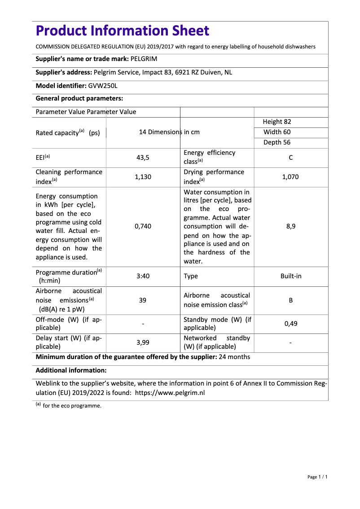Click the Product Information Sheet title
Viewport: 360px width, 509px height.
[122, 31]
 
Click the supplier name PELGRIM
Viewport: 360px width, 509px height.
[144, 59]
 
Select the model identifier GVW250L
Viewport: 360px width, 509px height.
[103, 85]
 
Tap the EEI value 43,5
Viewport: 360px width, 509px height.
[143, 158]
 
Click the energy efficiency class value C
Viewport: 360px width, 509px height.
[291, 158]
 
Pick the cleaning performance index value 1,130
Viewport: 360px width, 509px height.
[143, 177]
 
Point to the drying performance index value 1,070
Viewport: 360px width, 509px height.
[290, 177]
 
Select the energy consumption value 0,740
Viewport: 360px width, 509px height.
[143, 226]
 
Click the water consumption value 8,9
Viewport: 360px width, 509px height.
[291, 226]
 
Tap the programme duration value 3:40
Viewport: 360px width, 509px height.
[143, 276]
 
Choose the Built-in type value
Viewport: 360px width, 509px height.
[291, 276]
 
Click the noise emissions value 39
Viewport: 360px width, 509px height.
[143, 300]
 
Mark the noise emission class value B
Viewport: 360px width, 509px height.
[291, 300]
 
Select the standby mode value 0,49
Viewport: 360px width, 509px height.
[291, 323]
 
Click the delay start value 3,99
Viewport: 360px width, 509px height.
[143, 342]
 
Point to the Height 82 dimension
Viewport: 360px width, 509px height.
[277, 122]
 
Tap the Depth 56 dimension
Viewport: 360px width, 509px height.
[277, 142]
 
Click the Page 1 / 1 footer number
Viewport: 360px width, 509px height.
[317, 477]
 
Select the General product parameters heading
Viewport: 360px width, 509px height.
[79, 98]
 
